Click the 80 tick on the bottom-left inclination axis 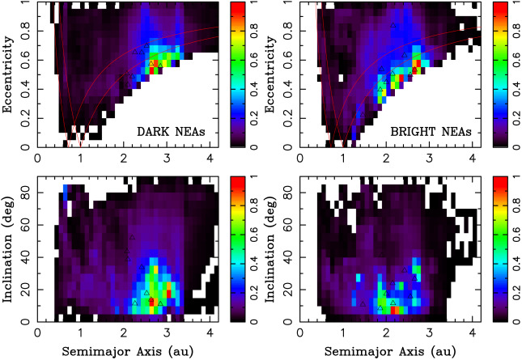click(x=26, y=191)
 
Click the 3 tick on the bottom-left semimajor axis click(x=167, y=332)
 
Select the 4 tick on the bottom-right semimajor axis click(x=472, y=332)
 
